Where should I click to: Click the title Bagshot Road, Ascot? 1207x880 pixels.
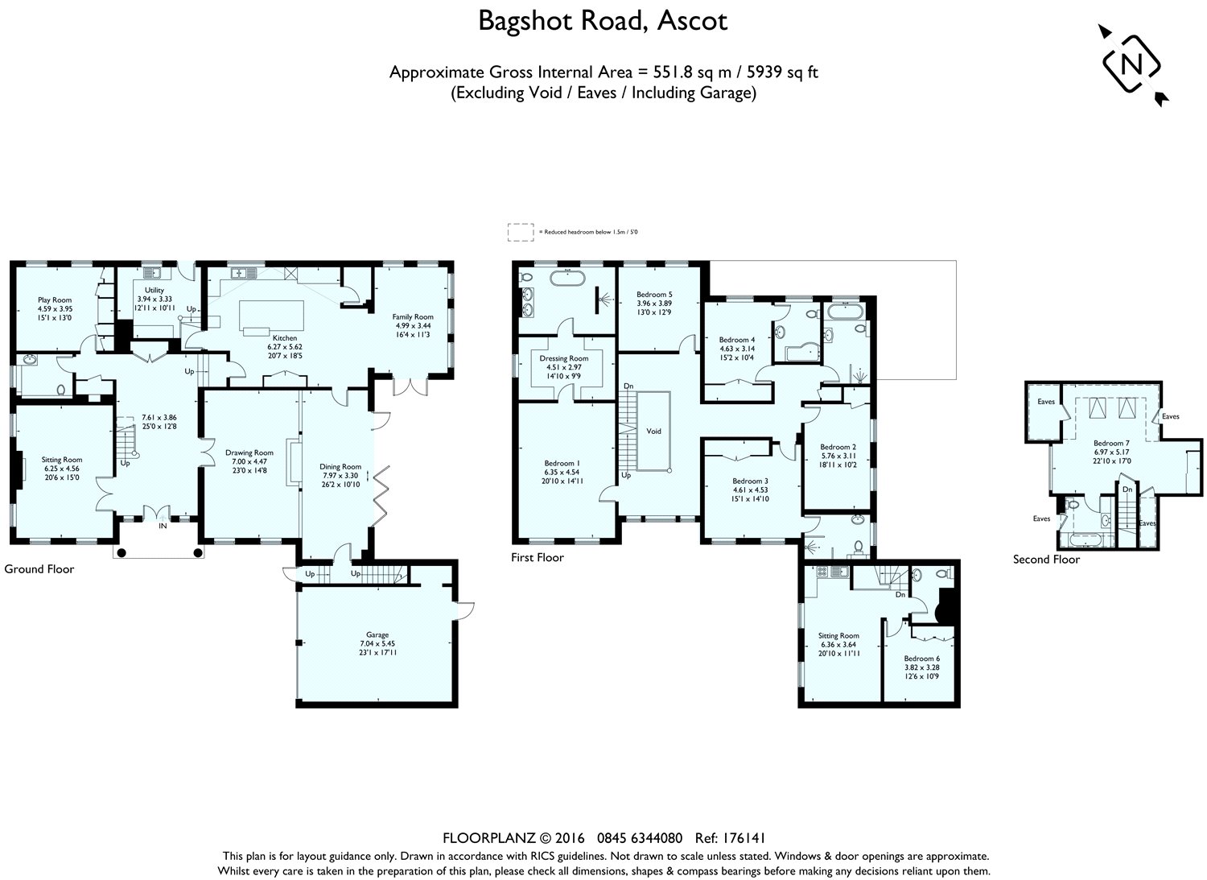point(603,21)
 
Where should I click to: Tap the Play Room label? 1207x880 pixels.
point(55,300)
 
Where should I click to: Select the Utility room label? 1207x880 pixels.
point(154,290)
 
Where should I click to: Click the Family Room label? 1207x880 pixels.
point(413,317)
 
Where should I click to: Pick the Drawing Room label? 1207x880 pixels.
point(249,452)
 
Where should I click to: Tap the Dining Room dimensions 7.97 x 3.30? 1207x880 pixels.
point(340,475)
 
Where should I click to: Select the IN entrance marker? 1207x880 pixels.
point(163,525)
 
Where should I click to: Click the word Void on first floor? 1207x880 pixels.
point(653,432)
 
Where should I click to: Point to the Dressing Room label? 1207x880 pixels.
point(564,358)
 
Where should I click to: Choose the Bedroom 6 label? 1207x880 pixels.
point(921,659)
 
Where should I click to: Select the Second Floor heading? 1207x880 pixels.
point(1046,559)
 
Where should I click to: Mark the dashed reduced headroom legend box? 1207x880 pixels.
point(520,232)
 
